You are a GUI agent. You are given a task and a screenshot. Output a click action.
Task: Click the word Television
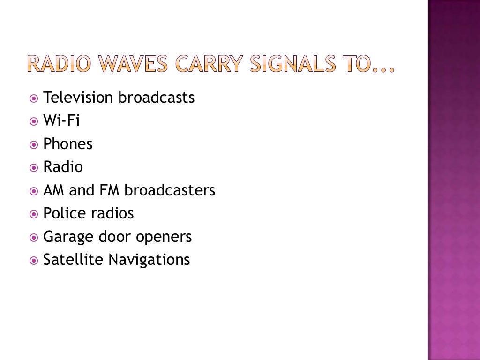[78, 97]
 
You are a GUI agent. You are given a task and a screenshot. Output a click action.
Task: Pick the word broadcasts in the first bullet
[156, 97]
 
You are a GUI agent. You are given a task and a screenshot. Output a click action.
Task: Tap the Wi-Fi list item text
[61, 121]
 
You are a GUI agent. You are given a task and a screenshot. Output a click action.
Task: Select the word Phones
[68, 144]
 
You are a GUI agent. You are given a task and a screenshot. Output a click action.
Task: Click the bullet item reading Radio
[63, 167]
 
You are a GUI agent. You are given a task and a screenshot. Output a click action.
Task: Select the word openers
[164, 237]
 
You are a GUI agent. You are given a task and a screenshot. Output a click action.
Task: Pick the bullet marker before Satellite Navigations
[33, 260]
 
